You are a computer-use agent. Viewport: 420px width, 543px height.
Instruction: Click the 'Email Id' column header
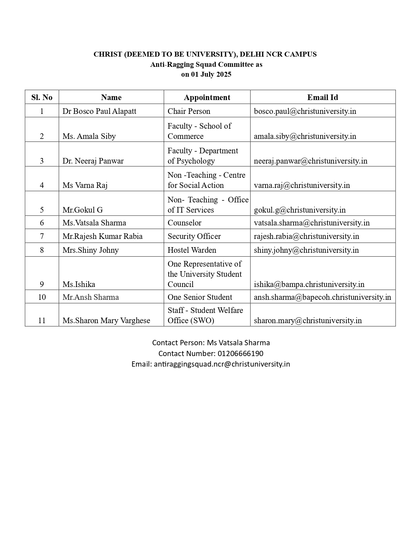pos(322,97)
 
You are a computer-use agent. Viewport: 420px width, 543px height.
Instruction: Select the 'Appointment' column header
pos(207,97)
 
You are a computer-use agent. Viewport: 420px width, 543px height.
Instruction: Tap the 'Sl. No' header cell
pos(42,97)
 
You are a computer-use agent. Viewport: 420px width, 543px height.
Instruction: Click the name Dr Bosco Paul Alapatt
pos(99,111)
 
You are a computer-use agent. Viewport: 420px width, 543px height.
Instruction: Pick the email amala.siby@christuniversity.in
pos(305,136)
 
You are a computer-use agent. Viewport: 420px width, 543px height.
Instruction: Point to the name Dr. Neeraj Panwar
pos(93,161)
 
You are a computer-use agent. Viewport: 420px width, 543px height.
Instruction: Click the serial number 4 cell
pos(42,185)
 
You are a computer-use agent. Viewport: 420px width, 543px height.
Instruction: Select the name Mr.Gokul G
pos(82,210)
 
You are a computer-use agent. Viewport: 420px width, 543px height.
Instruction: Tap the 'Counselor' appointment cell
pos(184,223)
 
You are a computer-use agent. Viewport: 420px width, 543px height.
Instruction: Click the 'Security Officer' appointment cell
pos(194,236)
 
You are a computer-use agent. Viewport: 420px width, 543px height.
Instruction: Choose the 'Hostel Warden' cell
pos(192,250)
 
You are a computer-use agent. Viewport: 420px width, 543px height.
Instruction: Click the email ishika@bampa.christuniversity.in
pos(309,284)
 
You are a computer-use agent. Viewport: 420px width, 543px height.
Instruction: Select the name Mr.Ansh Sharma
pos(91,297)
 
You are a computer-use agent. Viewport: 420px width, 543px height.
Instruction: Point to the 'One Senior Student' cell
pos(200,297)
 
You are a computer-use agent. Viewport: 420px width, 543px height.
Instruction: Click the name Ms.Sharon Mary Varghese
pos(106,321)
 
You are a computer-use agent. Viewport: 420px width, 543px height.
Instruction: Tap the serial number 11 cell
pos(42,321)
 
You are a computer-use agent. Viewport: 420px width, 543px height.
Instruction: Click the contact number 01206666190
pos(240,353)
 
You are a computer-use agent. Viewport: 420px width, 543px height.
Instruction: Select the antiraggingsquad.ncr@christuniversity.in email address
pos(222,364)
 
